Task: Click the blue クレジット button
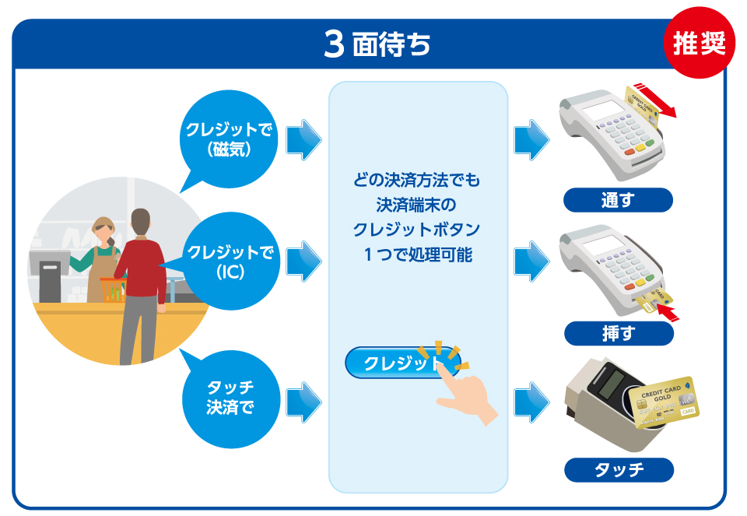(x=402, y=363)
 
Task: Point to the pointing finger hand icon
(x=466, y=394)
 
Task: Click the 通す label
(x=618, y=200)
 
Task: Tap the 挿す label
(x=618, y=334)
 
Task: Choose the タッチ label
(x=618, y=469)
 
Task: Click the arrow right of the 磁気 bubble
(x=303, y=141)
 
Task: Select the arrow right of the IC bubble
(x=303, y=262)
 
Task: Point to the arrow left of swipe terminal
(x=531, y=141)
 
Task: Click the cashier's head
(x=103, y=230)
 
